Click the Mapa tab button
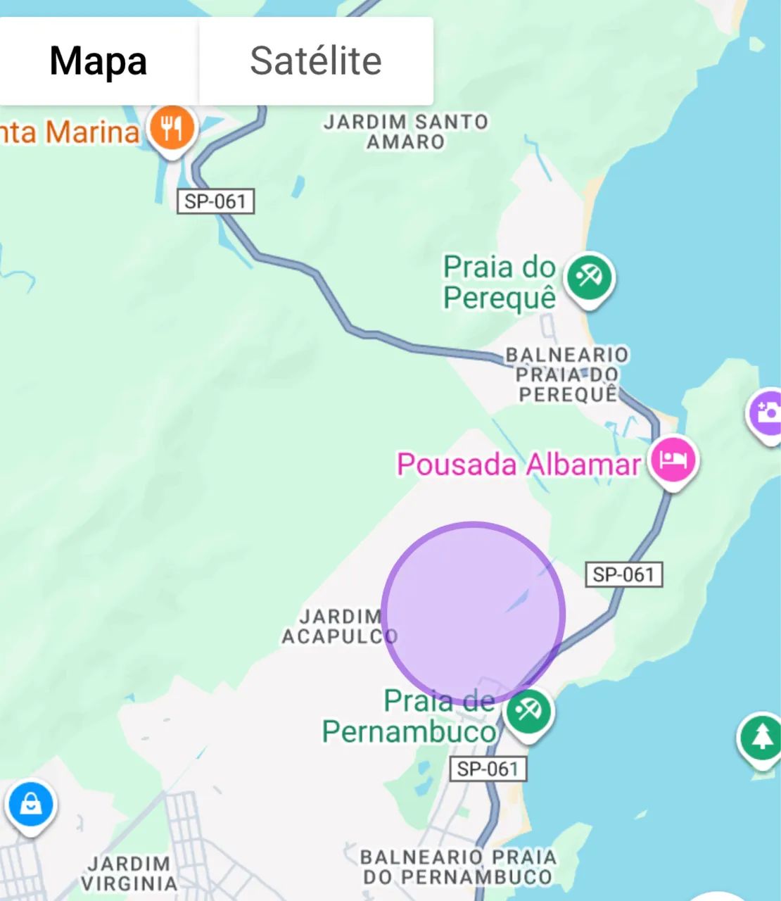[x=98, y=61]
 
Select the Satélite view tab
[x=316, y=61]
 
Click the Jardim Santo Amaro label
[x=405, y=132]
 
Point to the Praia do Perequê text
[x=500, y=282]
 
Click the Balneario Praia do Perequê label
[x=567, y=374]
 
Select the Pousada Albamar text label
[x=519, y=465]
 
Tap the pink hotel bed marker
[x=673, y=460]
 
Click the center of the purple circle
[x=473, y=613]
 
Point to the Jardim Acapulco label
[x=339, y=626]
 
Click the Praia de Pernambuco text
[x=409, y=717]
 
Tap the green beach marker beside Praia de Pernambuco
[x=528, y=712]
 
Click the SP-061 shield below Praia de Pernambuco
[x=488, y=769]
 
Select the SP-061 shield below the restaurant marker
[x=215, y=201]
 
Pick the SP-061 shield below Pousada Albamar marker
[x=623, y=574]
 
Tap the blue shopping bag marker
[x=31, y=804]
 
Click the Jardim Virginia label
[x=129, y=873]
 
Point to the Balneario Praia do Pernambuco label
[x=458, y=867]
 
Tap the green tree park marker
[x=761, y=738]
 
